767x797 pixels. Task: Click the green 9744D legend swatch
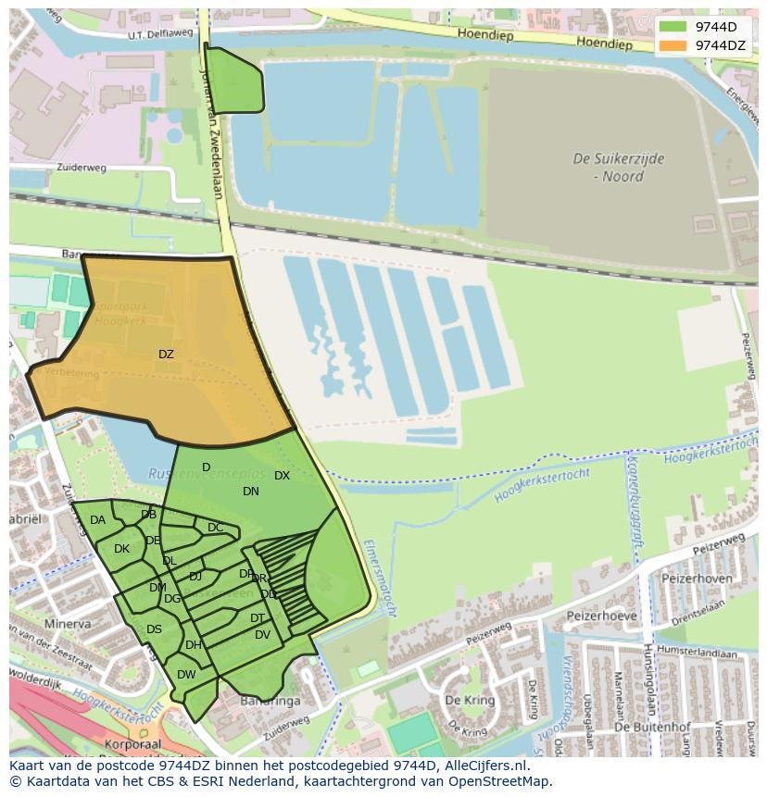click(x=673, y=27)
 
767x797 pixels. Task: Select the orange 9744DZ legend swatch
click(x=673, y=45)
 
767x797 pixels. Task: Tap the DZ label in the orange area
click(x=166, y=355)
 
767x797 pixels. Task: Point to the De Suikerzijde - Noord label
click(x=619, y=168)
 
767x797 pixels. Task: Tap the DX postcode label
click(x=282, y=476)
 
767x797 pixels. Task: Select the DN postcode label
click(x=251, y=492)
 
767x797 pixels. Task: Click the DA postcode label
click(x=97, y=520)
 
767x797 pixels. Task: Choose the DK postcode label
click(x=121, y=549)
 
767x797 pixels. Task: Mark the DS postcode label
click(x=154, y=629)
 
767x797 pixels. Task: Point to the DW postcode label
click(x=186, y=675)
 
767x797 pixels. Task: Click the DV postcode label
click(x=262, y=635)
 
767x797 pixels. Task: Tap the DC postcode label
click(x=215, y=528)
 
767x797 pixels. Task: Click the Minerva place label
click(x=67, y=624)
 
